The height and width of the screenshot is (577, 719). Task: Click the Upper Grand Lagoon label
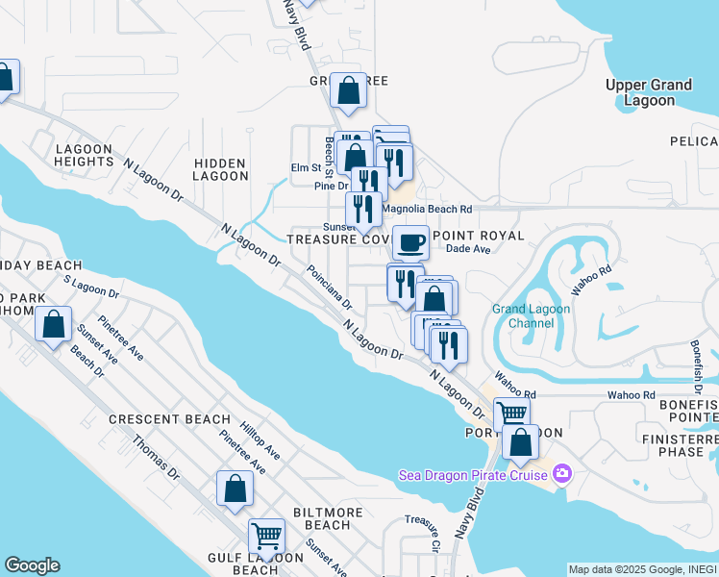pos(649,92)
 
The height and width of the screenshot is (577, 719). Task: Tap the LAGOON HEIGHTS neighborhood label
pos(85,155)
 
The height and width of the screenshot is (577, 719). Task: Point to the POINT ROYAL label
pos(479,236)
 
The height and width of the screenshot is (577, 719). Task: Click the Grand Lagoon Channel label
pos(531,315)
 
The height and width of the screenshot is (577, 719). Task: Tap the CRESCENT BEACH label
pos(169,419)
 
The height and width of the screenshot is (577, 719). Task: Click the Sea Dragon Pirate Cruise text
pos(473,473)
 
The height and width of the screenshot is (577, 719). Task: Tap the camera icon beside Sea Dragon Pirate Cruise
pos(561,473)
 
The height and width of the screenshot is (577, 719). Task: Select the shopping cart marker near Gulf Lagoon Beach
pos(266,535)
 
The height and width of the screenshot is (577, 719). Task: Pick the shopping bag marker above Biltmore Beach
pos(236,488)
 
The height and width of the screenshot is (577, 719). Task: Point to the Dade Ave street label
pos(468,249)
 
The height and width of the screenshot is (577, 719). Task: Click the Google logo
pos(32,565)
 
